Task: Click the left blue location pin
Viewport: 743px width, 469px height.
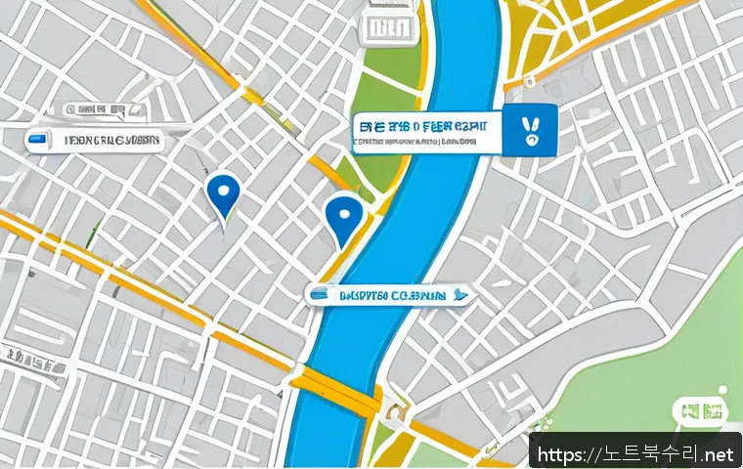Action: coord(224,192)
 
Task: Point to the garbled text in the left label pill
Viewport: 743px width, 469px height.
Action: coord(110,140)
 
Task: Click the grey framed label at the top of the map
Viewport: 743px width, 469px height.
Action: coord(388,29)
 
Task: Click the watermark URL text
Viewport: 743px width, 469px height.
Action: coord(634,453)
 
